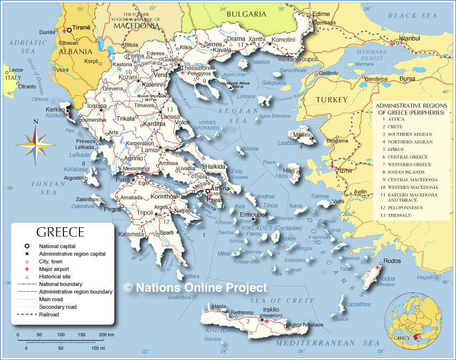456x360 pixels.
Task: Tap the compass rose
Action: click(36, 143)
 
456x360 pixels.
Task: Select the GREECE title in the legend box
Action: click(60, 232)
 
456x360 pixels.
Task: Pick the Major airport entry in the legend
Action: click(56, 269)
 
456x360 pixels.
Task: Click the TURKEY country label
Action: click(331, 100)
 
